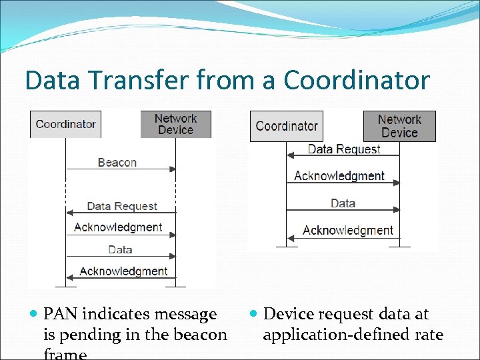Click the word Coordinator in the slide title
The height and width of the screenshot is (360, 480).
357,81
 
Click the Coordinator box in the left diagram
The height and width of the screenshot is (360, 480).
65,124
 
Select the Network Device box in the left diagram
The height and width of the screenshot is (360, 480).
175,124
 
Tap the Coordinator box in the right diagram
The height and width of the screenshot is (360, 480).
286,126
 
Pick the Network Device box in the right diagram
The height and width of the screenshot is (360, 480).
399,126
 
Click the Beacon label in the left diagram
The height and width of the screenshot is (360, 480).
117,162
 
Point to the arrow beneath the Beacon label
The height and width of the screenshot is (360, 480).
121,170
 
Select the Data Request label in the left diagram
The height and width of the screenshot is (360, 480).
122,206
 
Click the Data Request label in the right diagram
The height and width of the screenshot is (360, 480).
343,149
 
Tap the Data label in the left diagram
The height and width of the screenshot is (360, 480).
120,249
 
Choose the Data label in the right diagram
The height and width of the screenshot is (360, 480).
343,203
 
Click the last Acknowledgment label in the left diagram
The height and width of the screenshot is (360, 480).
123,271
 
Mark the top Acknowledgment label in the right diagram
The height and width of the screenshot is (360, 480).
339,176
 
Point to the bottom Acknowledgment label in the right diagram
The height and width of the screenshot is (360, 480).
347,230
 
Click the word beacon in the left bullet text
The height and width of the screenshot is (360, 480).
200,334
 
